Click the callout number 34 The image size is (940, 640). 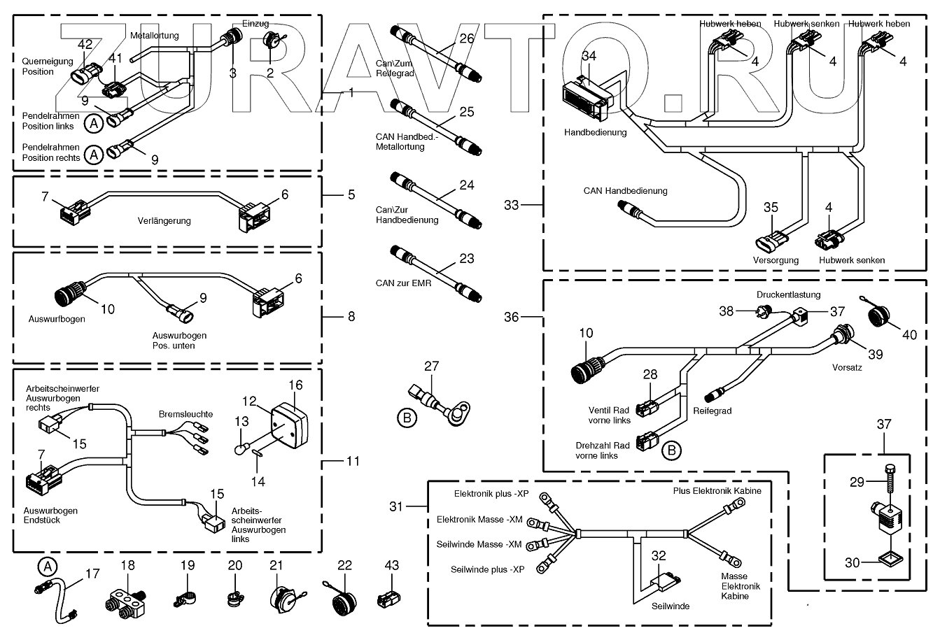click(x=589, y=56)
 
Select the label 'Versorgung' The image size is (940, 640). click(x=776, y=260)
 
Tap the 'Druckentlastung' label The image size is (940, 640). click(x=787, y=295)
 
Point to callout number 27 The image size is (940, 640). click(x=431, y=365)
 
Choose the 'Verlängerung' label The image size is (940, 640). click(x=164, y=221)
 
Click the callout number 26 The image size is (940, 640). click(x=467, y=39)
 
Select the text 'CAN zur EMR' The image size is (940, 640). click(x=404, y=283)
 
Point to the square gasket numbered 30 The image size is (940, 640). click(x=890, y=560)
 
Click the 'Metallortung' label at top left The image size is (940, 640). click(x=154, y=35)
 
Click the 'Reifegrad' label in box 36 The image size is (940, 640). click(x=713, y=411)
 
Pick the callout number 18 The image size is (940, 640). click(x=128, y=564)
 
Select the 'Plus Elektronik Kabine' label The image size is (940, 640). click(x=717, y=491)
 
